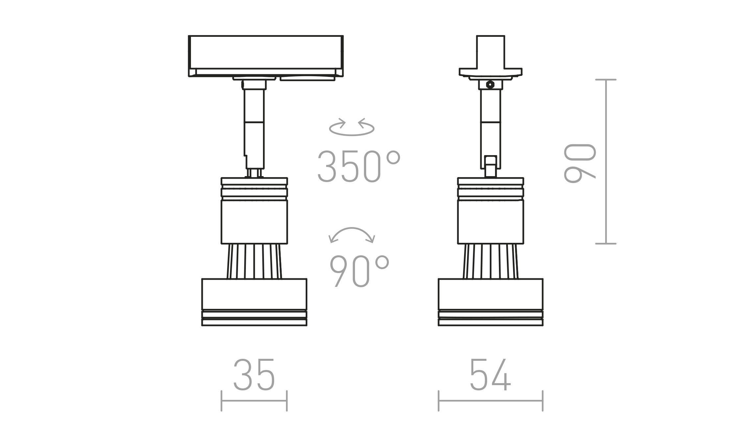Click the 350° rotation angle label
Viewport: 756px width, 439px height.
[x=359, y=166]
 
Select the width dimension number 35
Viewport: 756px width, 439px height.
[x=254, y=375]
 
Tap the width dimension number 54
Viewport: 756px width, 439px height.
[x=490, y=375]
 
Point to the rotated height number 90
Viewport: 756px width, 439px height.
[x=579, y=163]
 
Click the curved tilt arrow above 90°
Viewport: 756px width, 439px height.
[x=352, y=229]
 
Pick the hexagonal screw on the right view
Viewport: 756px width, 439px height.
[x=490, y=84]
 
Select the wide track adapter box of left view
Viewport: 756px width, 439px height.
[x=266, y=56]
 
